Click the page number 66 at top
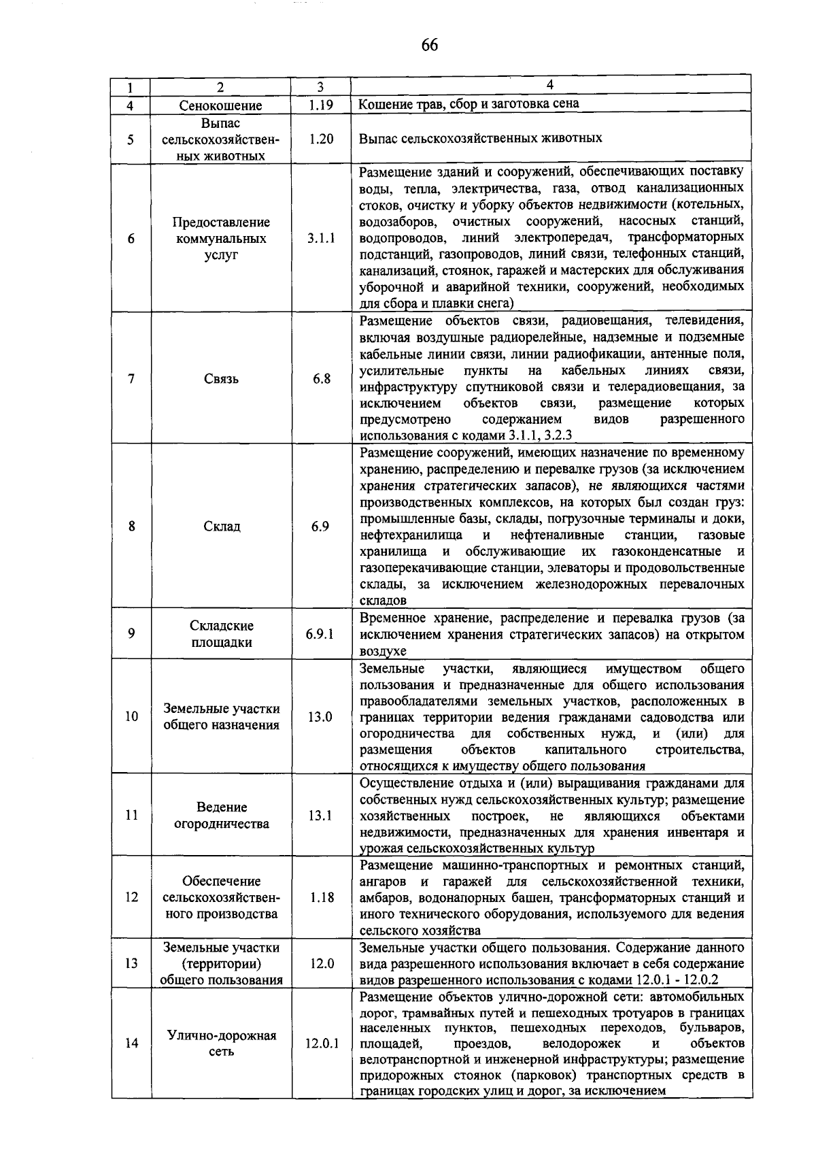point(429,46)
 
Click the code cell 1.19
point(320,105)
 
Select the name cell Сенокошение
point(220,105)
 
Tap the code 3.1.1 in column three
point(320,239)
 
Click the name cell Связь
point(220,379)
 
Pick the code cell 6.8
point(321,379)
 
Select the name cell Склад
point(220,526)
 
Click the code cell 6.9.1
point(320,634)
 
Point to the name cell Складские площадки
point(220,634)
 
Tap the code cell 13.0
point(320,716)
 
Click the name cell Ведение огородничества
point(220,815)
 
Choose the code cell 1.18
point(321,897)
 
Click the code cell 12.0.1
point(321,1043)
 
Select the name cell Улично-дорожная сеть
point(220,1043)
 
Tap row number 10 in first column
point(131,716)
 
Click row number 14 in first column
point(131,1043)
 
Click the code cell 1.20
point(320,139)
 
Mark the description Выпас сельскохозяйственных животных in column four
point(480,138)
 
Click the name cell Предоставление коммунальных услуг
point(220,239)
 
